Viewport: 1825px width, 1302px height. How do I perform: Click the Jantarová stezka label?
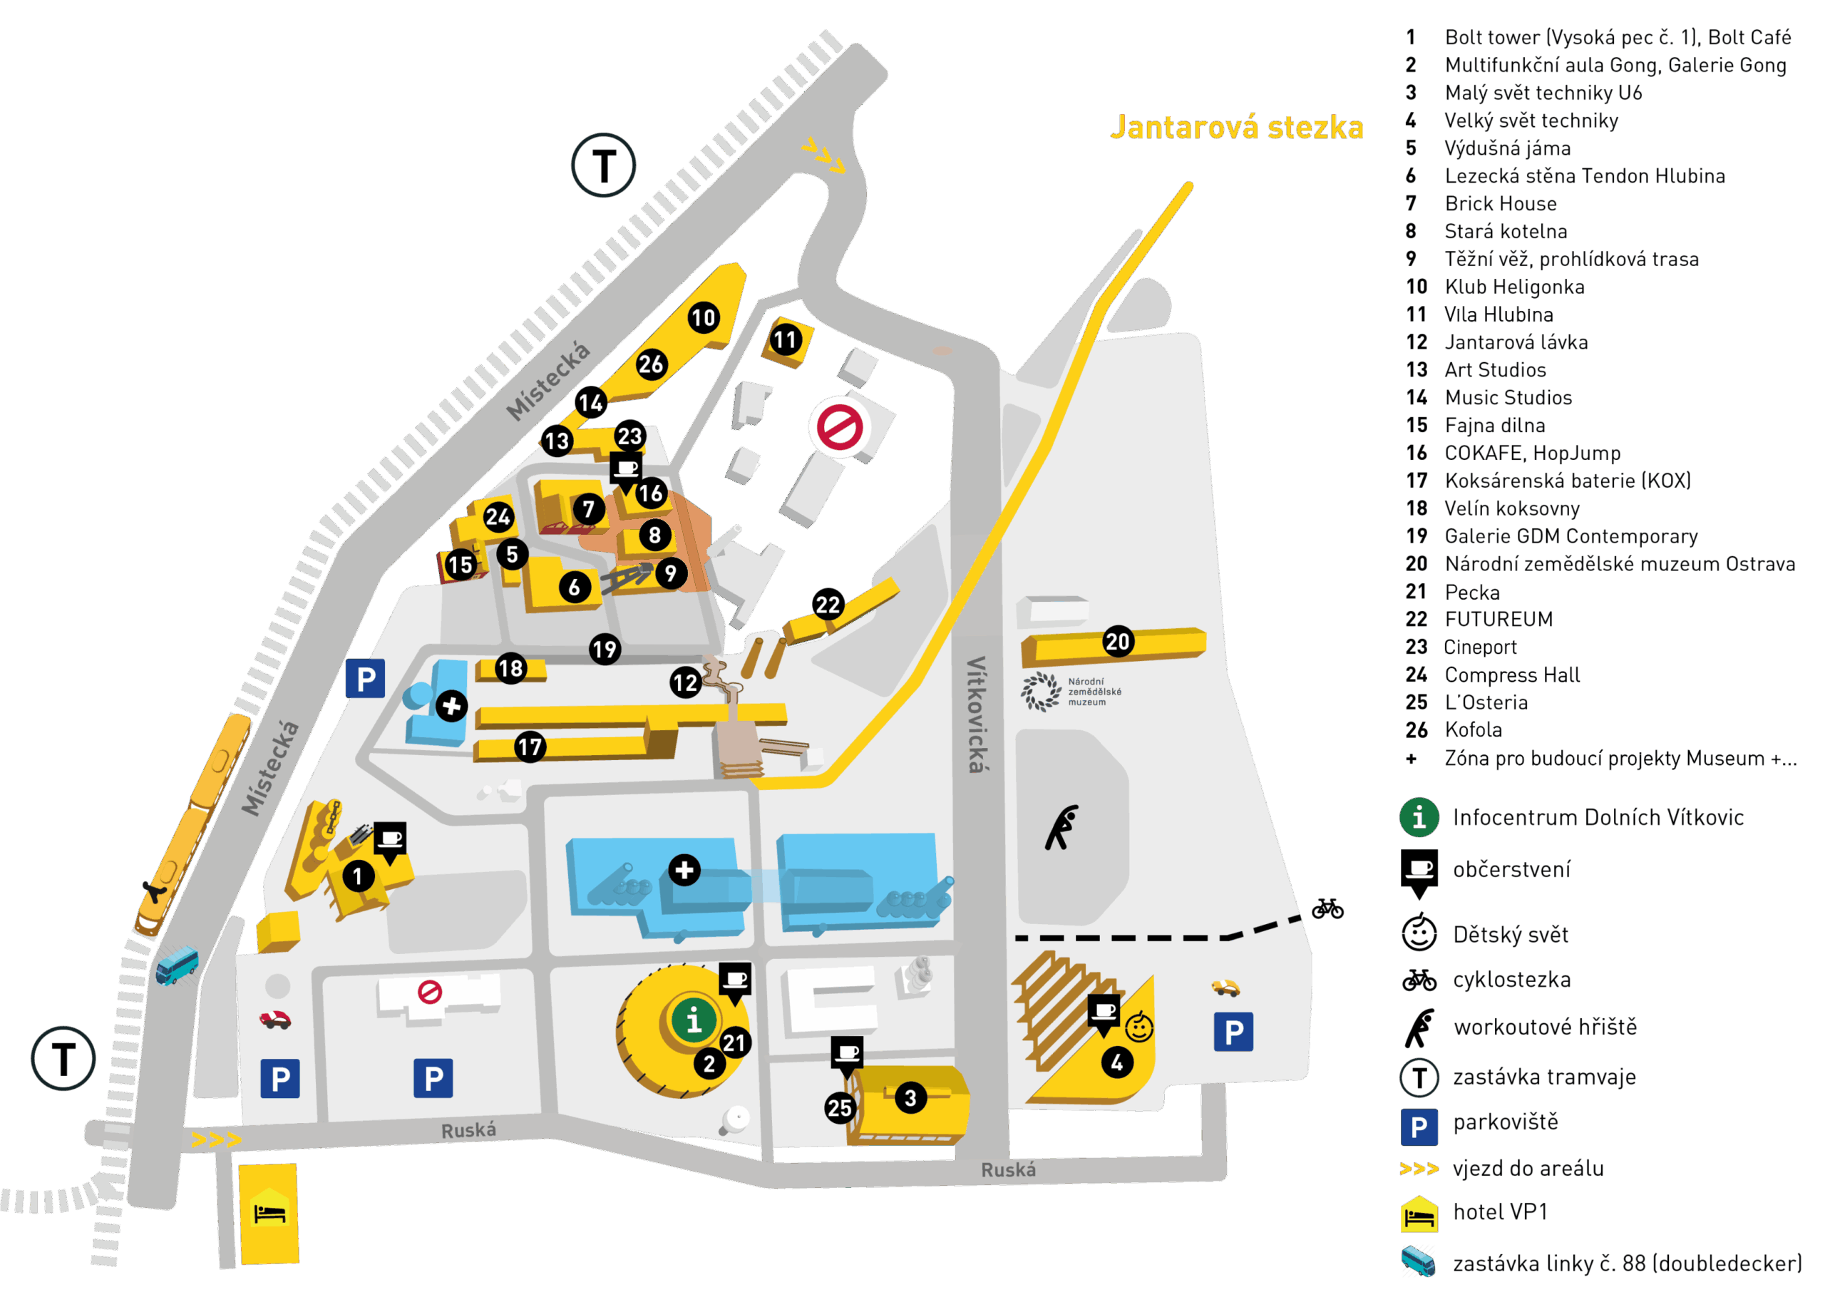pos(1236,128)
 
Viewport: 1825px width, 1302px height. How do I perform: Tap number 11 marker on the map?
pos(785,340)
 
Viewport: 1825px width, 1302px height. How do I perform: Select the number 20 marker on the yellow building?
pos(1117,642)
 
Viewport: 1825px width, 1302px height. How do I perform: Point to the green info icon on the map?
pos(694,1020)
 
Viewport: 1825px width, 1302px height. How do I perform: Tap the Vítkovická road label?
pos(975,714)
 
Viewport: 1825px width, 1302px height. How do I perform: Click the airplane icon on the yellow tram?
pos(153,891)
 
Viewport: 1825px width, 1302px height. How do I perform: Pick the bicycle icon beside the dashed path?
pos(1327,909)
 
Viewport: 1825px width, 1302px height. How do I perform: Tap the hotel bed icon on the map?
pos(269,1214)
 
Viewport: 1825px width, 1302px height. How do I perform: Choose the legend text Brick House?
pos(1501,204)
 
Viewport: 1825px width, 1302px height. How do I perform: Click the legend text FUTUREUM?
pos(1498,619)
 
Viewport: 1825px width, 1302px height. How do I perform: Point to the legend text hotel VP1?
pos(1500,1211)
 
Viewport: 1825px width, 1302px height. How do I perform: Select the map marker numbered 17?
pos(530,747)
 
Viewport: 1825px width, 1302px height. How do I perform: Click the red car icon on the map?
pos(275,1020)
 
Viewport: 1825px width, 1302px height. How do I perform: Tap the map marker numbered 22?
pos(828,605)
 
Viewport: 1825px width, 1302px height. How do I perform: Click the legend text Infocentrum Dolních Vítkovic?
pos(1598,817)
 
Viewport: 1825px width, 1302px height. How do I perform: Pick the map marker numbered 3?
pos(910,1097)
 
